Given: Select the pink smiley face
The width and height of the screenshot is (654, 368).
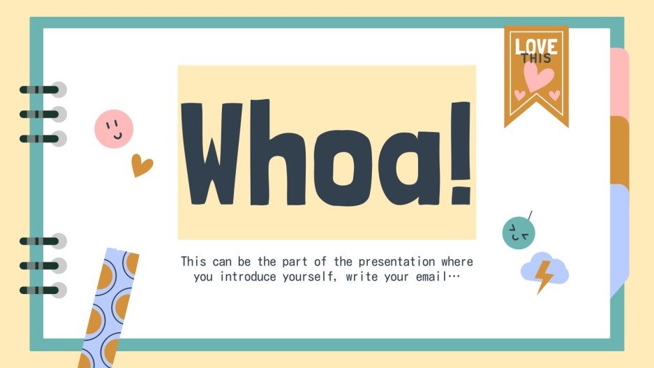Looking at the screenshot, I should pos(114,128).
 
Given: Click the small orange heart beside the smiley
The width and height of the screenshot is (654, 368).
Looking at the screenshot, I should pos(142,165).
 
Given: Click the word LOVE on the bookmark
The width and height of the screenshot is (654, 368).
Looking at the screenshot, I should pos(536,46).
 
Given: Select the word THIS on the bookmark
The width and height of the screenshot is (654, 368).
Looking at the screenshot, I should pos(536,59).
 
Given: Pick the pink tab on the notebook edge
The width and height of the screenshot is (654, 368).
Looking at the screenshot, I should pos(620,82).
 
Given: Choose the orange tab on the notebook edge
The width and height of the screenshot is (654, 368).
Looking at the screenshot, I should pos(620,149).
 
